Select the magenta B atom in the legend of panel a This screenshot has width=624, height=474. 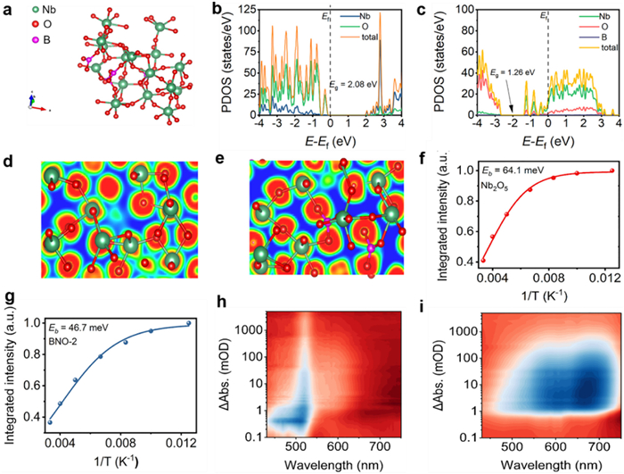(x=35, y=40)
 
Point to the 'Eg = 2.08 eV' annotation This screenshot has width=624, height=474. (x=353, y=84)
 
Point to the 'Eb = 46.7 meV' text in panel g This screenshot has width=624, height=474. (x=76, y=328)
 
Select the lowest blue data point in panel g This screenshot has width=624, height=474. (x=50, y=422)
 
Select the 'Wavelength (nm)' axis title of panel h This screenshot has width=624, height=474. (x=333, y=464)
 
